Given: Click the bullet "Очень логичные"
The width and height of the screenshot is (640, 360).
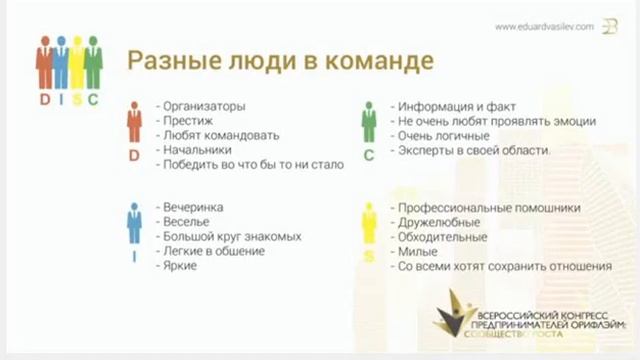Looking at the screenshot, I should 443,135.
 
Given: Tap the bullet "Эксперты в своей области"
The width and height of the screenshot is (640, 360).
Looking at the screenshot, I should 473,150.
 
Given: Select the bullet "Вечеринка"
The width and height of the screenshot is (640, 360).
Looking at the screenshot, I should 194,207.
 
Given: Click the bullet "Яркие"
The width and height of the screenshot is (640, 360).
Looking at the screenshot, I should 181,266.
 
